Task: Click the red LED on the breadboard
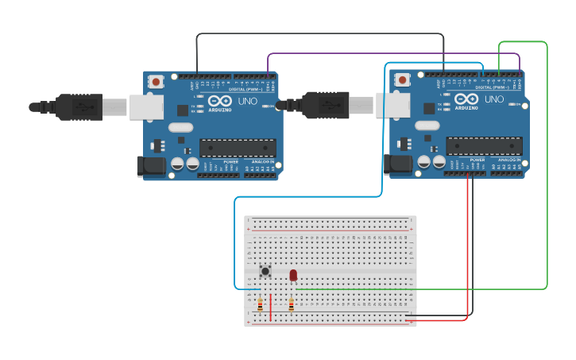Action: [x=293, y=275]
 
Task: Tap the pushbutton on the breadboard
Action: [x=265, y=271]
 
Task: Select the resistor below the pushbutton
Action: [x=260, y=304]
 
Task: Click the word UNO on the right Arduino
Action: [x=494, y=99]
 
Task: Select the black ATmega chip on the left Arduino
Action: [x=238, y=147]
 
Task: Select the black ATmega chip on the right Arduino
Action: [x=484, y=145]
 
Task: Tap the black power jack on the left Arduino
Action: [x=151, y=166]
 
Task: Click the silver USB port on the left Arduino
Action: [x=146, y=106]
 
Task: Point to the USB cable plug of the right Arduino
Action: [x=326, y=104]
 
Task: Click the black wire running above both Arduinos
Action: [x=318, y=33]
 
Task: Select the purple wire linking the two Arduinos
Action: [x=397, y=54]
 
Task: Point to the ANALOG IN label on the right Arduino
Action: [x=508, y=160]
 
